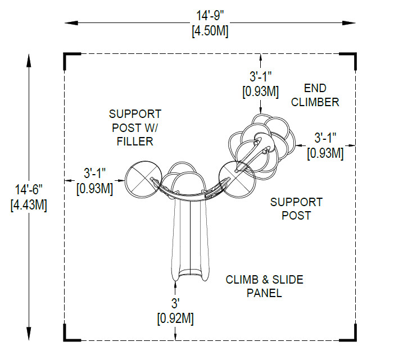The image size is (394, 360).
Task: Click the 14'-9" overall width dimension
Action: click(x=210, y=16)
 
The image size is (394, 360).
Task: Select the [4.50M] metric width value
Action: click(x=210, y=31)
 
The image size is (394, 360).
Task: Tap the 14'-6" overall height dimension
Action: click(x=29, y=189)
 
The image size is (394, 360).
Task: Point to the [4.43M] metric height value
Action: click(x=29, y=205)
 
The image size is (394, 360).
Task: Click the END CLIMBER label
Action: click(x=315, y=95)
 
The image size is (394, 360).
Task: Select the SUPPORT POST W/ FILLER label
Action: click(x=135, y=128)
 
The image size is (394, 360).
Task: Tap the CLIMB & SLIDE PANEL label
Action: click(x=264, y=286)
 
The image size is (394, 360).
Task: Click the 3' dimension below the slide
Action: click(x=175, y=303)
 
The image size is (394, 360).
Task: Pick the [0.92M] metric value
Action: click(x=175, y=319)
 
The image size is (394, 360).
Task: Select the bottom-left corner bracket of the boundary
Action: click(x=72, y=332)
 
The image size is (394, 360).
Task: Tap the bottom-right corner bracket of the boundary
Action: click(x=348, y=332)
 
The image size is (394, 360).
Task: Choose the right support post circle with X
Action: click(x=237, y=180)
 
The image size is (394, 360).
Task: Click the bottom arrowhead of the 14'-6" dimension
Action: click(x=29, y=334)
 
